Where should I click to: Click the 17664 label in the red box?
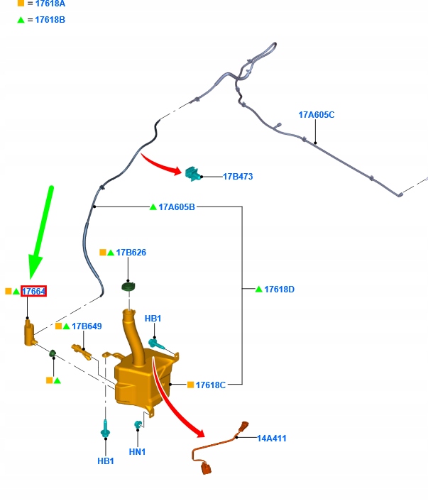[x=33, y=291]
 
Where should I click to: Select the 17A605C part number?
[x=317, y=115]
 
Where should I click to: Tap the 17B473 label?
[x=238, y=177]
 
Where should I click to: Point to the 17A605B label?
[x=177, y=207]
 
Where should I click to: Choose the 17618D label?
[x=280, y=289]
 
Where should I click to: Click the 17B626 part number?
[x=131, y=253]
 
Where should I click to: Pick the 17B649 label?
[x=87, y=326]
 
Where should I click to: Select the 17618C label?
[x=211, y=385]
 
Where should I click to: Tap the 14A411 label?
[x=272, y=439]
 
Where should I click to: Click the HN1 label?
[x=137, y=452]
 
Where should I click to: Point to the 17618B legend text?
[x=50, y=20]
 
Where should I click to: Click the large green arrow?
[x=41, y=232]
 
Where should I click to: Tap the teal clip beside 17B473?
[x=193, y=174]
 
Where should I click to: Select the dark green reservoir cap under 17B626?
[x=128, y=287]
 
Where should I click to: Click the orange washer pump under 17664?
[x=30, y=333]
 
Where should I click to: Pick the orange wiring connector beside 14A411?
[x=220, y=447]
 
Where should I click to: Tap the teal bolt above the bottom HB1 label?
[x=105, y=429]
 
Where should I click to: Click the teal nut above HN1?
[x=138, y=424]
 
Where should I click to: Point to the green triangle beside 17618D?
[x=259, y=289]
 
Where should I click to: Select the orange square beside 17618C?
[x=190, y=385]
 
